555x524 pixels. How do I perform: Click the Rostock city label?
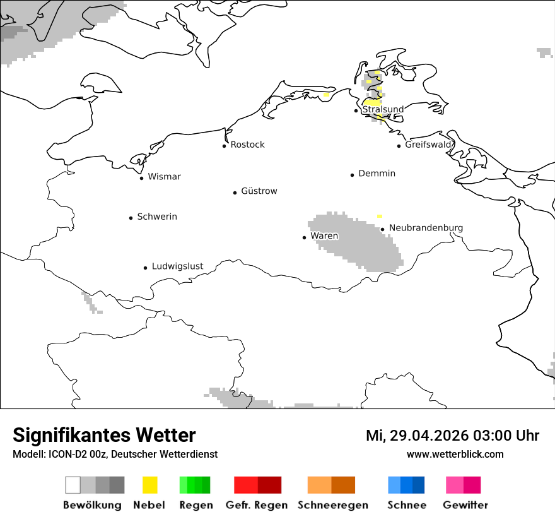[247, 145]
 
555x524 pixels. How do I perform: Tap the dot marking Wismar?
[141, 178]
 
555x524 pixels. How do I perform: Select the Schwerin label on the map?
[157, 217]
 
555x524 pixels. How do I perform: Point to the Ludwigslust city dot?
[145, 268]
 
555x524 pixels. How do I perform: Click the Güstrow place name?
[259, 191]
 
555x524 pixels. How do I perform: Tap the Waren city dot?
[304, 237]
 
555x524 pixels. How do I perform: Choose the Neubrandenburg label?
[426, 228]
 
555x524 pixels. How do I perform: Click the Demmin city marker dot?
[352, 175]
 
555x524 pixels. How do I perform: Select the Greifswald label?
[428, 145]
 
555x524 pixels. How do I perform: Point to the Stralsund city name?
[383, 109]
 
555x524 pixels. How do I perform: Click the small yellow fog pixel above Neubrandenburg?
[379, 217]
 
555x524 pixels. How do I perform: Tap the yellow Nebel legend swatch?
[150, 485]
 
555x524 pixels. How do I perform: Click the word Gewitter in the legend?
[465, 505]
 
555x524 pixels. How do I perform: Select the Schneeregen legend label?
[333, 505]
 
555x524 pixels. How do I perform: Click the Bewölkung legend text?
[92, 505]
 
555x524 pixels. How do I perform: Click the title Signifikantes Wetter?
[104, 436]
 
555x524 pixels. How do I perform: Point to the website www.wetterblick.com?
[455, 454]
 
